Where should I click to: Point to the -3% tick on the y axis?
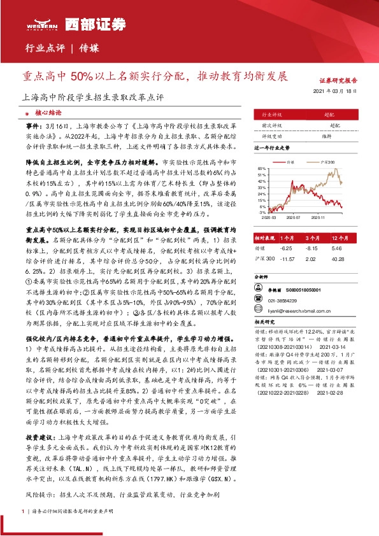(262, 213)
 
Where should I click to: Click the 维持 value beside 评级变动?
(327, 136)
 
